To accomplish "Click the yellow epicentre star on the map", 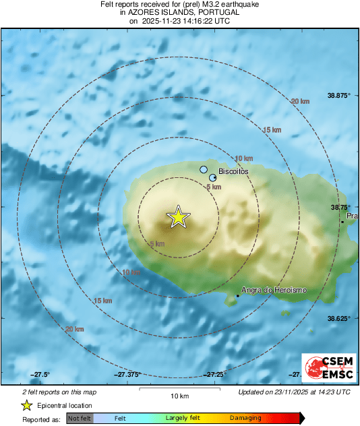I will tap(179, 217).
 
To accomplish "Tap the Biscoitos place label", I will tap(234, 172).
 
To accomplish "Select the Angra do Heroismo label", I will tap(274, 290).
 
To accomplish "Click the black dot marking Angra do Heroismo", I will tap(238, 295).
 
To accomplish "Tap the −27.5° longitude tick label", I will tap(40, 374).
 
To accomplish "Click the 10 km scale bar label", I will tap(179, 395).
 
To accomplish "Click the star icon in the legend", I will tap(26, 406).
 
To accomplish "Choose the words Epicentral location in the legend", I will tap(65, 406).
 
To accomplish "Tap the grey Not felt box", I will tap(80, 419).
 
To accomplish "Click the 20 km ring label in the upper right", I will tap(300, 101).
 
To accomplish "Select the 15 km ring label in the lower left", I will tap(102, 301).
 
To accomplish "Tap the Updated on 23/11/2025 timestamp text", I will tap(294, 392).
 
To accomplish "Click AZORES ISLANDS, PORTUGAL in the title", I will tap(179, 12).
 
